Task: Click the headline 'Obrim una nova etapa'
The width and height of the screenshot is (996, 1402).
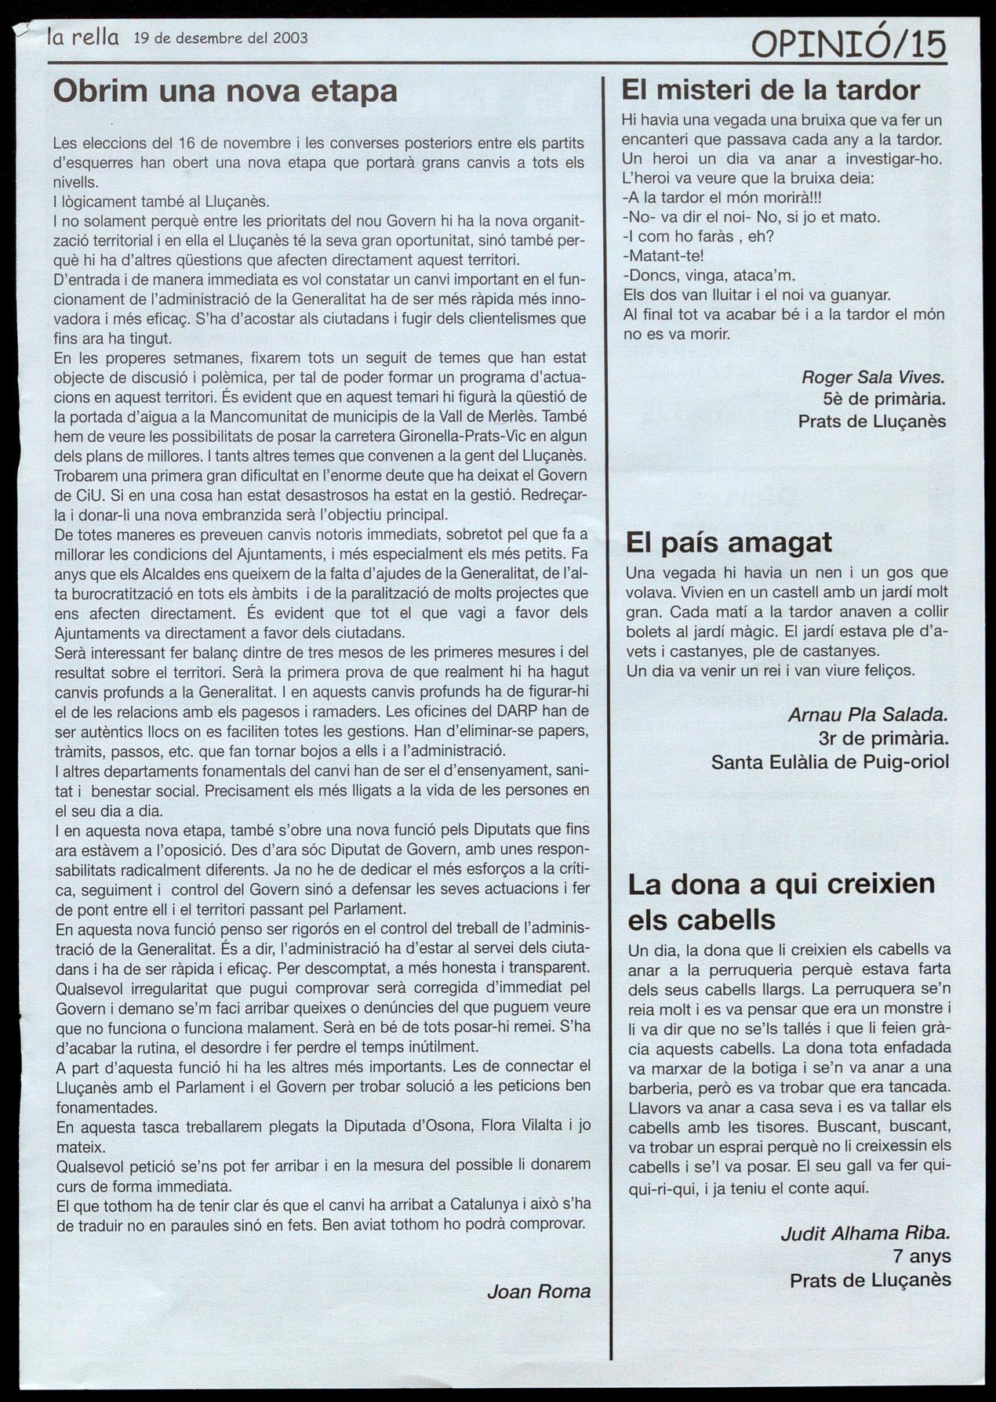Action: [x=225, y=92]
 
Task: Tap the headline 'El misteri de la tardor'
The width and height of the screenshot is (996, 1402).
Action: [x=770, y=90]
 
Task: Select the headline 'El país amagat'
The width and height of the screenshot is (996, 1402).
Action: [x=729, y=542]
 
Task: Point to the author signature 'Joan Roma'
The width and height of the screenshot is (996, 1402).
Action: [x=539, y=1291]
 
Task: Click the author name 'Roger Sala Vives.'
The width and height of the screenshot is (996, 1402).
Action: [x=873, y=378]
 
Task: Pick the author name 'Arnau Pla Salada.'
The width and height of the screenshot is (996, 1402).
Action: [x=867, y=715]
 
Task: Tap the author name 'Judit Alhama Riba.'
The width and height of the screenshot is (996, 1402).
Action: [x=865, y=1234]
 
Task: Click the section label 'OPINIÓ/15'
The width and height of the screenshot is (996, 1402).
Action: [x=849, y=45]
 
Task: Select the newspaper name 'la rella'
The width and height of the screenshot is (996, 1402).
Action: [x=83, y=37]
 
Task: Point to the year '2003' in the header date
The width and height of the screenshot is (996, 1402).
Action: [x=291, y=38]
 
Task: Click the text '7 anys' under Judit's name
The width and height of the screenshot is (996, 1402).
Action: [x=921, y=1256]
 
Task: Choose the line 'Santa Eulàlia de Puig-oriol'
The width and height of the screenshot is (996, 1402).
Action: [x=830, y=761]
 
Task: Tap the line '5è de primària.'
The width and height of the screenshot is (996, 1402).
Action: [x=884, y=400]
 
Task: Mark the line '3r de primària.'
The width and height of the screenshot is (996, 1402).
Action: [x=883, y=737]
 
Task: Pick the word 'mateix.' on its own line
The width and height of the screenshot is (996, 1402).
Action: [x=80, y=1146]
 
